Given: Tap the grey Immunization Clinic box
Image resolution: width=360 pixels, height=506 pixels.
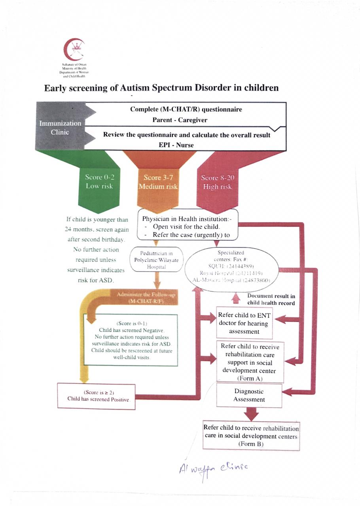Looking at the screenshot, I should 60,127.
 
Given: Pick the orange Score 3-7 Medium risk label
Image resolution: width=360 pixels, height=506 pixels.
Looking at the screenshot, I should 158,182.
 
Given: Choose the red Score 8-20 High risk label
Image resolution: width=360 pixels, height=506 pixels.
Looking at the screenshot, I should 217,182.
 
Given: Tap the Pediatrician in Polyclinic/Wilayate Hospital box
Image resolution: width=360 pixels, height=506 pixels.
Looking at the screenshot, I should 157,260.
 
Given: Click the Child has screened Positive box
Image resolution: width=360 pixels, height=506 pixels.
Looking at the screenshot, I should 96,396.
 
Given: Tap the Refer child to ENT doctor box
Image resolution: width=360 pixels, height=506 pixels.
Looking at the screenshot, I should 244,323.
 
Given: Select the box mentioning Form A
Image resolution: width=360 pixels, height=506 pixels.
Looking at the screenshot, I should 249,362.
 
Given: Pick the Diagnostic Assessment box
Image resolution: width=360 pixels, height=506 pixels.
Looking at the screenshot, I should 249,395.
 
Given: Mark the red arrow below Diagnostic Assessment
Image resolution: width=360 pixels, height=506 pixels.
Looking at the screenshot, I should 251,414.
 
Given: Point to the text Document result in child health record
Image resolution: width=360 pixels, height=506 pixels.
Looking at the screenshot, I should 271,299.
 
